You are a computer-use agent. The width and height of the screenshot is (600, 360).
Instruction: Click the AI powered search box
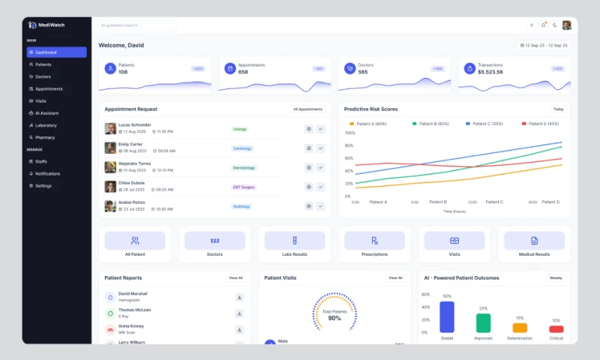[x=137, y=25]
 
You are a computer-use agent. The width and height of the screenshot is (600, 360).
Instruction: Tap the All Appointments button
[x=307, y=109]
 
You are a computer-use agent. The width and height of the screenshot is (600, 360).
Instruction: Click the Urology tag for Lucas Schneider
[x=240, y=129]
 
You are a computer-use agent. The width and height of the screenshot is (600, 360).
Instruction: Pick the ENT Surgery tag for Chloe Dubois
[x=244, y=187]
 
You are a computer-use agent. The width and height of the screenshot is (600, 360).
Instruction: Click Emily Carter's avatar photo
[x=110, y=148]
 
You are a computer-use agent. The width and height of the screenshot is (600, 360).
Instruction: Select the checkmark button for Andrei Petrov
[x=320, y=205]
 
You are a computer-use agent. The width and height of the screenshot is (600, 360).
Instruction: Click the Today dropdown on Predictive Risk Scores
[x=558, y=109]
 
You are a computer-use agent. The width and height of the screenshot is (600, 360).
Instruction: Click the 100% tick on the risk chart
[x=349, y=133]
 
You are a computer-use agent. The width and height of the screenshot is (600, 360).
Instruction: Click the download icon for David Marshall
[x=239, y=297]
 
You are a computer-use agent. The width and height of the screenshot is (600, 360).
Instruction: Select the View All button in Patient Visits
[x=395, y=278]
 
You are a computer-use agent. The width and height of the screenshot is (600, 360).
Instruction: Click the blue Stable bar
[x=447, y=316]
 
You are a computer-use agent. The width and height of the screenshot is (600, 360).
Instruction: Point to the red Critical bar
[x=556, y=328]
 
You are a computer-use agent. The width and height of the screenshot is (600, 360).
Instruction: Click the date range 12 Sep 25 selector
[x=544, y=46]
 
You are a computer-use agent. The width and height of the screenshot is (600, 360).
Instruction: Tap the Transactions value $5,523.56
[x=490, y=72]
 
